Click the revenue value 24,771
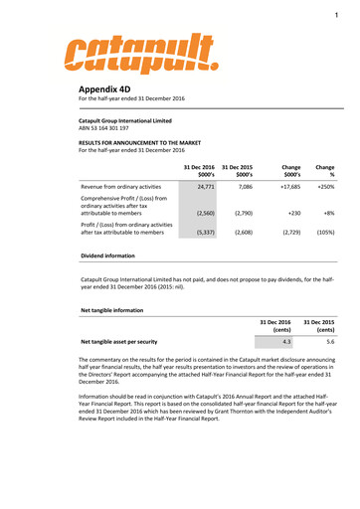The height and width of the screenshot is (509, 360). pos(206,186)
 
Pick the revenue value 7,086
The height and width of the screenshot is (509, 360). pos(247,186)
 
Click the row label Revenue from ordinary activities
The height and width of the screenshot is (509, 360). pos(119,186)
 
